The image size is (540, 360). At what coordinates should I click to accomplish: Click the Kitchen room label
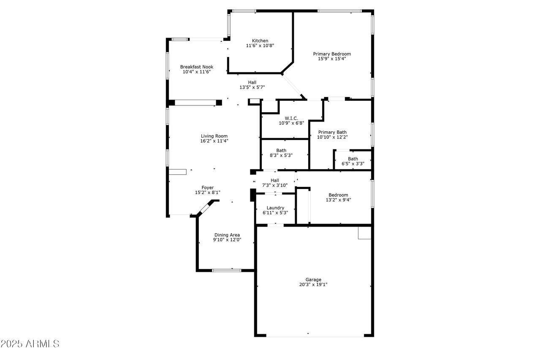pos(260,41)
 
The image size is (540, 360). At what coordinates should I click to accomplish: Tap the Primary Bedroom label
pos(332,54)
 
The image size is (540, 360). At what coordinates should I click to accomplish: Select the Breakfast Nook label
pos(197,67)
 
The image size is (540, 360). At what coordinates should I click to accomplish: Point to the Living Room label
pos(214,136)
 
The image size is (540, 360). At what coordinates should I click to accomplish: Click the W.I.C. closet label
pos(291,118)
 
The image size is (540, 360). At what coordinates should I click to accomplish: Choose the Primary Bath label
pos(332,132)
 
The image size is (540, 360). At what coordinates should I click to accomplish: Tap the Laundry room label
pos(275,208)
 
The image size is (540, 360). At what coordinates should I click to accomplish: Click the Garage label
pos(313,279)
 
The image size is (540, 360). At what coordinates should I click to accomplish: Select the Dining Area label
pos(227,235)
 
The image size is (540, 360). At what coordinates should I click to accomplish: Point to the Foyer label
pos(207,187)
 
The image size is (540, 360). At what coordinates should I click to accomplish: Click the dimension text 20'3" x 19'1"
pos(313,285)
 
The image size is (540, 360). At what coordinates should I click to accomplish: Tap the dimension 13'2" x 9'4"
pos(338,200)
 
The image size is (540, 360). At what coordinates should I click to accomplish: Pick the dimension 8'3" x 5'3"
pos(281,155)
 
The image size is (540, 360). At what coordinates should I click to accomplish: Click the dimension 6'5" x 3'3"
pos(353,164)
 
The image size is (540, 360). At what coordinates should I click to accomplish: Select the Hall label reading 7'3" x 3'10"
pos(275,180)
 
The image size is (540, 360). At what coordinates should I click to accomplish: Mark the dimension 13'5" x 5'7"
pos(252,88)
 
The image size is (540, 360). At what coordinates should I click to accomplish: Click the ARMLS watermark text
pos(30,344)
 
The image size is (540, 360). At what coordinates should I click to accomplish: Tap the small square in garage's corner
pos(364,233)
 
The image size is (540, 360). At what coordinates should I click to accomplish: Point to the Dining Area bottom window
pos(226,270)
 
